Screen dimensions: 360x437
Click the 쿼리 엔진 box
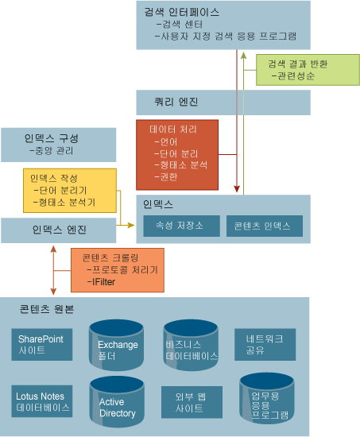[x=223, y=102]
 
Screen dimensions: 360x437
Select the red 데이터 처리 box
[x=177, y=155]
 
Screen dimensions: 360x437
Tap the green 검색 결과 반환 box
[x=308, y=70]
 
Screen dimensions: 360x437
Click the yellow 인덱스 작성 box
[x=70, y=191]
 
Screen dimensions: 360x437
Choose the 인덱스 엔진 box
[x=59, y=230]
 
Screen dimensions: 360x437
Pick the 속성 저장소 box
[x=181, y=226]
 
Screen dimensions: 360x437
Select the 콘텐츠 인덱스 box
[x=265, y=226]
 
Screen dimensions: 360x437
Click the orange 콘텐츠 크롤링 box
[x=118, y=270]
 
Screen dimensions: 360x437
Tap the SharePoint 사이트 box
[x=42, y=345]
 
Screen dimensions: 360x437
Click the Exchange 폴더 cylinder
[x=116, y=345]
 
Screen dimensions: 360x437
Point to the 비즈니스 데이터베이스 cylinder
[x=191, y=345]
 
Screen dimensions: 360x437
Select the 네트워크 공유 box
[x=265, y=345]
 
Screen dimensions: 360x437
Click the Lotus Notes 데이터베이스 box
[x=42, y=401]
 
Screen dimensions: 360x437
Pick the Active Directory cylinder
[x=117, y=401]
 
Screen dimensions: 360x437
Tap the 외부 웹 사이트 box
[x=192, y=402]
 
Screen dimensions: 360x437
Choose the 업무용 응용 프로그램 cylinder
[x=267, y=399]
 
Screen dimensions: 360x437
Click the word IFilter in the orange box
[x=103, y=282]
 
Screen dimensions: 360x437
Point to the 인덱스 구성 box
[x=59, y=145]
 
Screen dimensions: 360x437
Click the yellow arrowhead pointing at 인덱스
[x=131, y=225]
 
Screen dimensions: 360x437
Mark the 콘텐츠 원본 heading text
[x=47, y=309]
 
